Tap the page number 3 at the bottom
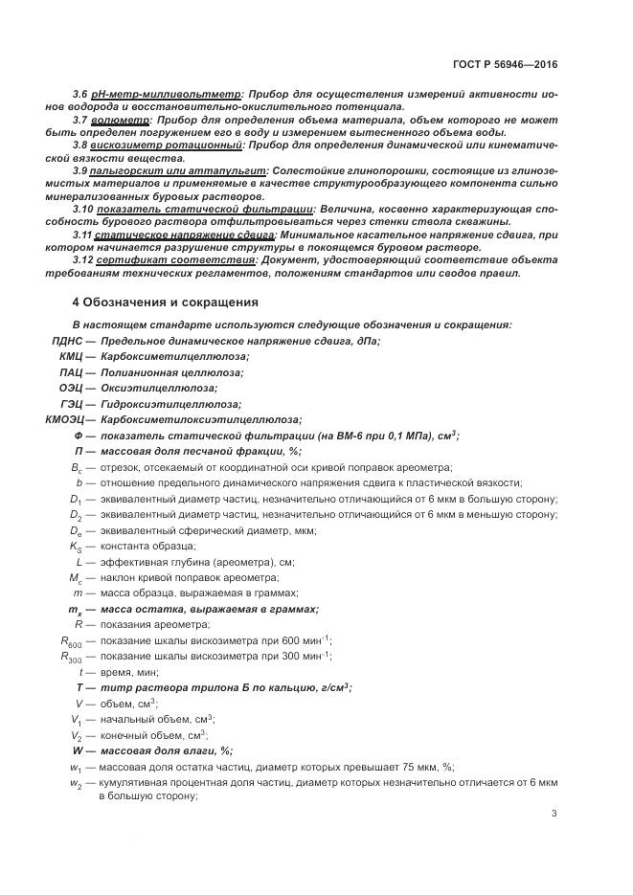[x=554, y=814]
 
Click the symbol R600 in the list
[x=72, y=640]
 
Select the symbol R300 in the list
[x=72, y=656]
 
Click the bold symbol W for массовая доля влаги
[x=79, y=750]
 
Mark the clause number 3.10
[x=83, y=208]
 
